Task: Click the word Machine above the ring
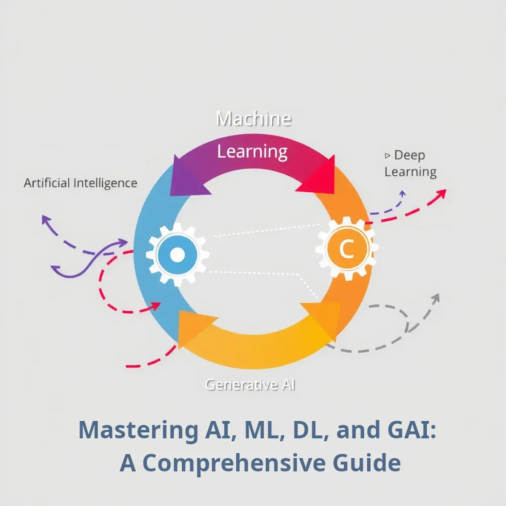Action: pyautogui.click(x=254, y=119)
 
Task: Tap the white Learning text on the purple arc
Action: pyautogui.click(x=252, y=152)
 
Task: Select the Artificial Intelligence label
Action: pyautogui.click(x=81, y=183)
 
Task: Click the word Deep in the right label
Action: pyautogui.click(x=409, y=155)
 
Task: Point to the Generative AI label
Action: pyautogui.click(x=250, y=385)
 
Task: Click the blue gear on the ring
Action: pyautogui.click(x=177, y=254)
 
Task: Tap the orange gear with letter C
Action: pyautogui.click(x=347, y=248)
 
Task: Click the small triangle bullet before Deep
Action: pyautogui.click(x=388, y=156)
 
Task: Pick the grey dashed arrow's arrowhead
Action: pyautogui.click(x=435, y=299)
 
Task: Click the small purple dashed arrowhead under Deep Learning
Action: pyautogui.click(x=402, y=194)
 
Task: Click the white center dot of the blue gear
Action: pyautogui.click(x=177, y=254)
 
